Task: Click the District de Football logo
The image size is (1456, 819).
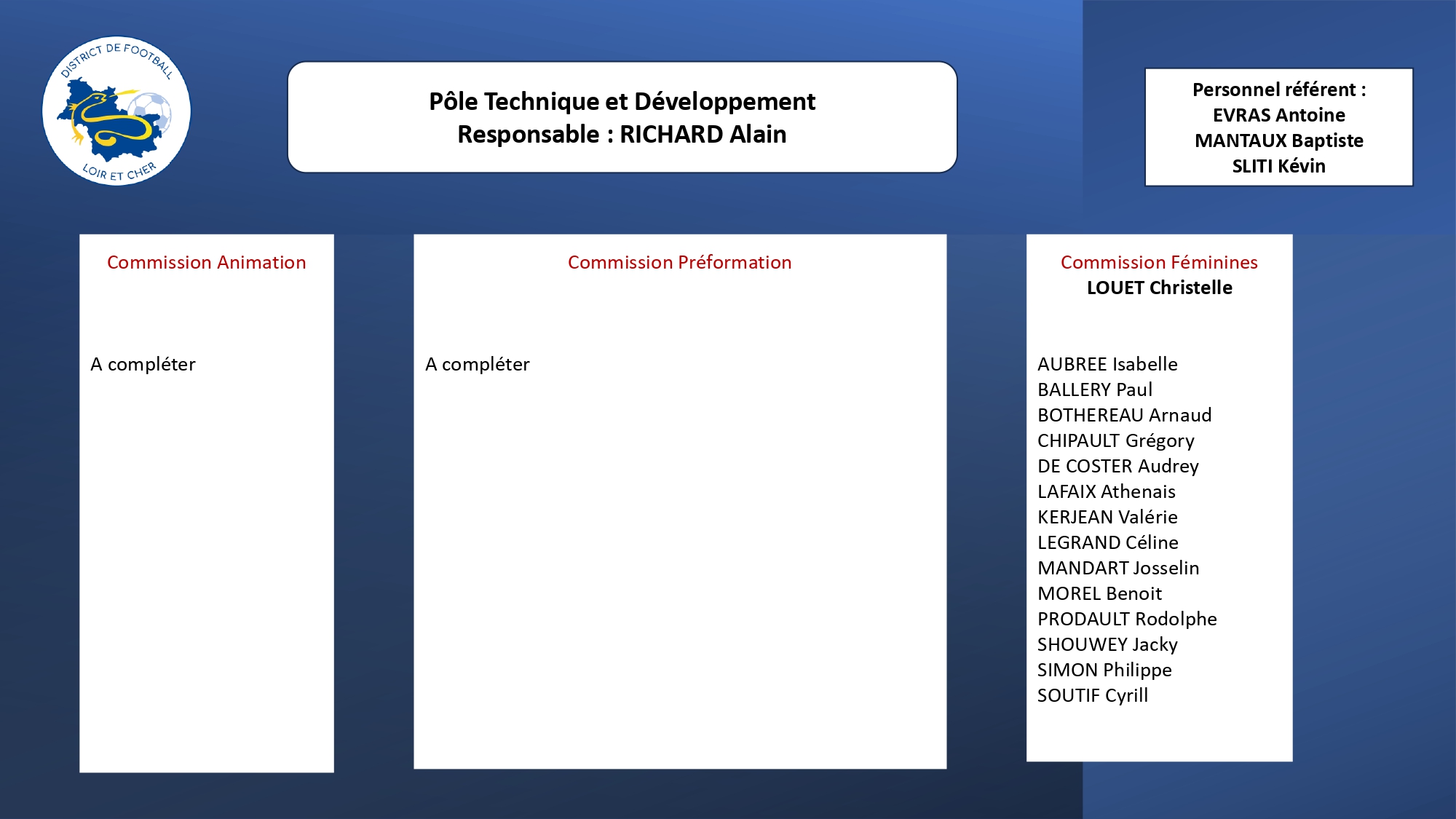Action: pos(116,111)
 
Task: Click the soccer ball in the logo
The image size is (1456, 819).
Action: pos(151,114)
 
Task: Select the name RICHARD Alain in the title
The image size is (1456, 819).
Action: pos(703,135)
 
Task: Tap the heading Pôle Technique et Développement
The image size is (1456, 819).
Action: pos(622,102)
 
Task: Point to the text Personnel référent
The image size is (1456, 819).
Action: pos(1274,90)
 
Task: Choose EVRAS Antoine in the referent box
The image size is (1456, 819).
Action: pos(1279,115)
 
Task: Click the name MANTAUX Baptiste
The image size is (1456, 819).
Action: pos(1279,141)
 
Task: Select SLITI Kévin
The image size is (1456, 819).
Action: pos(1279,166)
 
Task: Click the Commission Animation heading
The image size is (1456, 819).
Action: pos(207,262)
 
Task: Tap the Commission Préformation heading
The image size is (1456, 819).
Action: pos(680,262)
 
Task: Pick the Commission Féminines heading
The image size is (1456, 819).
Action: pos(1159,262)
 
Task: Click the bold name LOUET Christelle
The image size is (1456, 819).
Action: pos(1160,288)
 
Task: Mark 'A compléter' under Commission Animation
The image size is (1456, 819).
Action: pos(143,364)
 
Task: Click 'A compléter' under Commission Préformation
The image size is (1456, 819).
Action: pos(478,364)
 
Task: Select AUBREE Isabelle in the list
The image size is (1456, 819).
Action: pos(1107,364)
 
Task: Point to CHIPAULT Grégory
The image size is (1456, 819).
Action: pos(1116,441)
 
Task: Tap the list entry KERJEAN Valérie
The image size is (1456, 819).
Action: pos(1107,517)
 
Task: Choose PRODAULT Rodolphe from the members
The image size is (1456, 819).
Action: pos(1127,619)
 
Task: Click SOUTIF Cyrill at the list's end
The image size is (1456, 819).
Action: pos(1093,696)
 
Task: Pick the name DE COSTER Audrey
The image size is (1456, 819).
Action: pos(1118,467)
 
